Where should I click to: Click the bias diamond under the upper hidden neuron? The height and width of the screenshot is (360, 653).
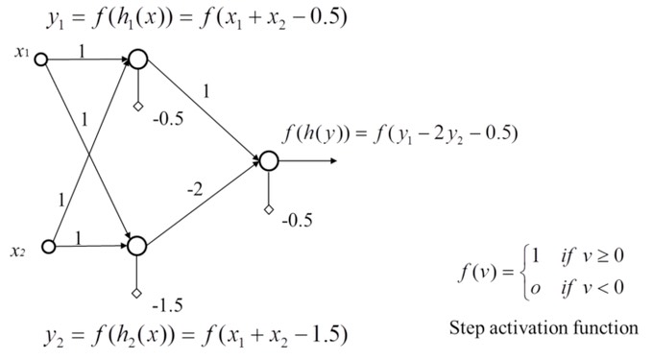pos(138,107)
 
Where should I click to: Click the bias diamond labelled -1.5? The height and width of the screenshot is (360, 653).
pos(136,294)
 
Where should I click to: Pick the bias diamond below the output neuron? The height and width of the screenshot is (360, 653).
pos(269,209)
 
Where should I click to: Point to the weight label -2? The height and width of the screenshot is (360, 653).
pos(195,190)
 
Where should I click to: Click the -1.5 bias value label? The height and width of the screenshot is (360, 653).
pos(168,306)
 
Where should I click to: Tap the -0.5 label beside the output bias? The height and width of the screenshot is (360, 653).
pos(297,220)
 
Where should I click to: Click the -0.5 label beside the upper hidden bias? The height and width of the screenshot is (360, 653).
pos(168,119)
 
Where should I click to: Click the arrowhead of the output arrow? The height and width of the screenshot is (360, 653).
pos(333,160)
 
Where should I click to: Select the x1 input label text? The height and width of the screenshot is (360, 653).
pos(22,52)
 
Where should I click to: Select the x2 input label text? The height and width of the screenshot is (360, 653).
pos(18,252)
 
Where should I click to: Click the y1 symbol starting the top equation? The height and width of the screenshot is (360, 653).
pos(56,19)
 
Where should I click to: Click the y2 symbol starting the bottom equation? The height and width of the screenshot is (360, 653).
pos(55,336)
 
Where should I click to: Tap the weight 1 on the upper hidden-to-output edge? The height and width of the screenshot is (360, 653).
pos(206,91)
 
